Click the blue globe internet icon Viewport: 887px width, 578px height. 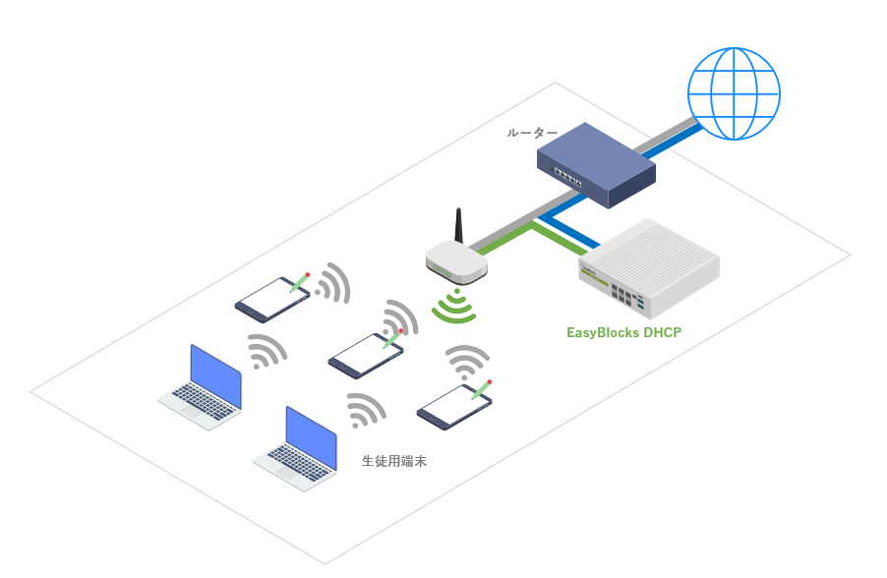click(x=734, y=93)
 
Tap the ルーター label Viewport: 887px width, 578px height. click(x=532, y=133)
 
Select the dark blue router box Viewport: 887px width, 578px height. click(x=596, y=165)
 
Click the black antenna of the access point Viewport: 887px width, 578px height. click(x=459, y=226)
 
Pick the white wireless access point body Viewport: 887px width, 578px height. click(x=456, y=262)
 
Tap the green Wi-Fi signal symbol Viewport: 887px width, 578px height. click(x=454, y=306)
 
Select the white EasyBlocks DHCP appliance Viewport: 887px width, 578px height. click(x=649, y=268)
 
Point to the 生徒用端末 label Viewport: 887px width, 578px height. click(x=394, y=461)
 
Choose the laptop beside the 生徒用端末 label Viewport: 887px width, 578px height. click(x=295, y=448)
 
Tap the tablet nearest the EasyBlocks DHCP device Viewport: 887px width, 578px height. click(x=454, y=406)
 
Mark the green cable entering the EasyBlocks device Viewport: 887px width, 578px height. click(x=560, y=239)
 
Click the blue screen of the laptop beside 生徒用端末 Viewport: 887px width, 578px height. click(x=311, y=437)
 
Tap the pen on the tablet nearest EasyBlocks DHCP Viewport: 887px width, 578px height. click(x=482, y=389)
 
